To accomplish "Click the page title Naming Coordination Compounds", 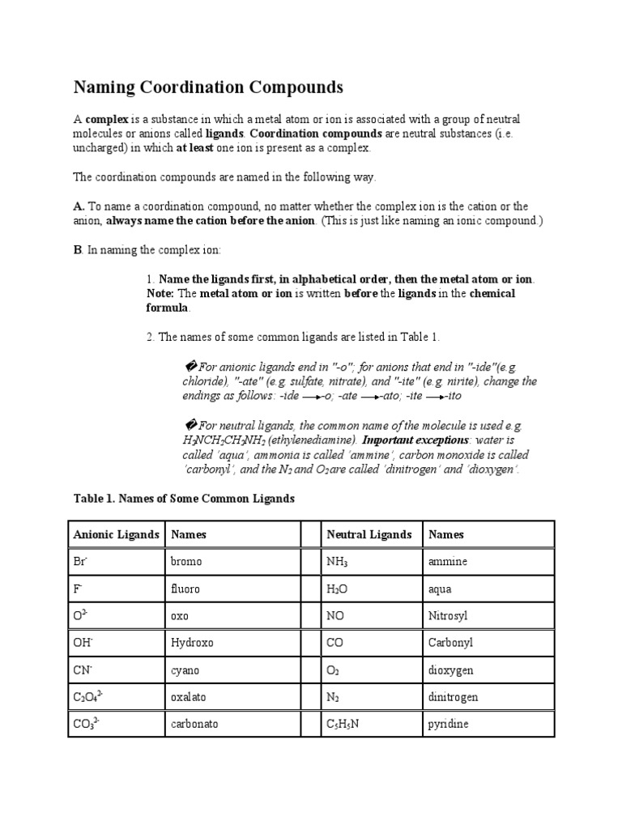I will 209,87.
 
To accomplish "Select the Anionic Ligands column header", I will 116,534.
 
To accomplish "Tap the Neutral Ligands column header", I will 369,534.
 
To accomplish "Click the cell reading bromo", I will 186,561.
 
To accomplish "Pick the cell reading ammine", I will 448,561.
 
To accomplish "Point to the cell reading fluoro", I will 185,589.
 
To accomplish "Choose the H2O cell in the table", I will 337,589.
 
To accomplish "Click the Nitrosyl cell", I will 448,616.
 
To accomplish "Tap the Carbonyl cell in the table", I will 450,644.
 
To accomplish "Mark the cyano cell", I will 185,670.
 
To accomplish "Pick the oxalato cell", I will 189,697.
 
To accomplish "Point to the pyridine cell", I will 449,725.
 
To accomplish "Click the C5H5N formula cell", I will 343,725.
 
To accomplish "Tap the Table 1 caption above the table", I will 184,500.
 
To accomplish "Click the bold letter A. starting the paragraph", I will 79,206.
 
